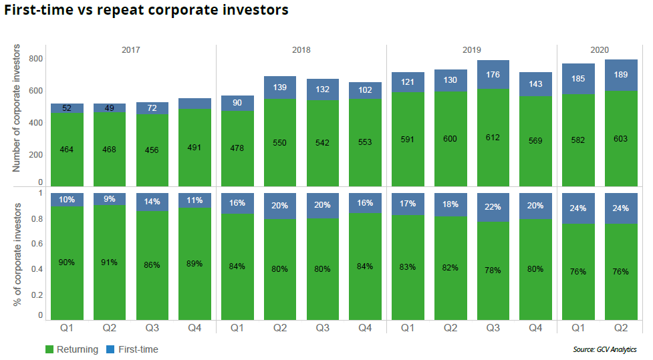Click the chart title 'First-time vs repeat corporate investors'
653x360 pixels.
146,11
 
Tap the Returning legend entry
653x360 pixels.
72,349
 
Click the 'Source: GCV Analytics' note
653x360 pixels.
605,349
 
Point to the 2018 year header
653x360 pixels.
301,50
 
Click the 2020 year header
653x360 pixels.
600,50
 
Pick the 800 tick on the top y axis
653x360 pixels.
35,59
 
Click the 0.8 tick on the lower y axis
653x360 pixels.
37,219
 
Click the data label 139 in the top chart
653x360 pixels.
279,88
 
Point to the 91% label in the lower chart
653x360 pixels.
109,262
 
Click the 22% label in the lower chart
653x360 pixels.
493,208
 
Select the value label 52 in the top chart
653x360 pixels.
66,109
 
